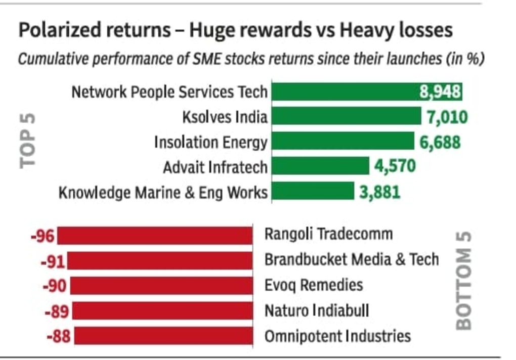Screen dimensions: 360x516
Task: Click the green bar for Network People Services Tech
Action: pos(344,92)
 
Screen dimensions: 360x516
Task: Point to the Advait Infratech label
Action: pos(215,167)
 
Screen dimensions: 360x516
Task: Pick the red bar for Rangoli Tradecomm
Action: pos(155,236)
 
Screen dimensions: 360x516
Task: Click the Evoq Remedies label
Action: pos(314,285)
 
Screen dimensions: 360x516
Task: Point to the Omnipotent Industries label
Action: pos(337,336)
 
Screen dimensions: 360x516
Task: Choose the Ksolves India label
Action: pos(225,117)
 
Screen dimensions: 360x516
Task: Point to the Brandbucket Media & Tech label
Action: pos(352,260)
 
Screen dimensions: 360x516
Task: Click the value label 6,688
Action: pos(440,142)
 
